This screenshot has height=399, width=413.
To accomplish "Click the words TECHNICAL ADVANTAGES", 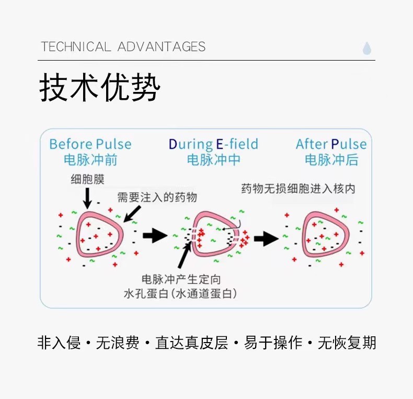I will pyautogui.click(x=123, y=47).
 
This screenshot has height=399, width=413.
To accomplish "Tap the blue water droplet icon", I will pyautogui.click(x=367, y=49).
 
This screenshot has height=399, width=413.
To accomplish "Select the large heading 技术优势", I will pyautogui.click(x=99, y=87).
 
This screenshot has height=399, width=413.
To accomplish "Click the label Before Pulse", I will pyautogui.click(x=90, y=144).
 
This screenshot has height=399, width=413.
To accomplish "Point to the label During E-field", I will pyautogui.click(x=213, y=144).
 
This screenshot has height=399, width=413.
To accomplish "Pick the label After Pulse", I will pyautogui.click(x=331, y=144).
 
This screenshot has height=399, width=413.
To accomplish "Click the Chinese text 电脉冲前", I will pyautogui.click(x=90, y=160).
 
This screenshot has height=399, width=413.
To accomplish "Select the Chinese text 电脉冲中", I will pyautogui.click(x=213, y=160).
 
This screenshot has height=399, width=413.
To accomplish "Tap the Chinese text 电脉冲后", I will pyautogui.click(x=331, y=160).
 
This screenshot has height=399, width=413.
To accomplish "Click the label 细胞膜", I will pyautogui.click(x=87, y=180).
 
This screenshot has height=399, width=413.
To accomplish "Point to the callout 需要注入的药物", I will pyautogui.click(x=157, y=197).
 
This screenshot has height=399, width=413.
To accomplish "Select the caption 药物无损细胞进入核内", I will pyautogui.click(x=298, y=188).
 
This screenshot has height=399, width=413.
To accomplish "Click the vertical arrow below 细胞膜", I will pyautogui.click(x=87, y=197).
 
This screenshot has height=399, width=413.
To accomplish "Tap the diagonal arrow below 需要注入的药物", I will pyautogui.click(x=131, y=213).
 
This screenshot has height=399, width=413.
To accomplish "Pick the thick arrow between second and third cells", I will pyautogui.click(x=266, y=239).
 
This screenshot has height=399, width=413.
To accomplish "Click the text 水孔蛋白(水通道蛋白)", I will pyautogui.click(x=180, y=294).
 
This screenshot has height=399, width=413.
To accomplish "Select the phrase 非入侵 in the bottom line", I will pyautogui.click(x=59, y=343).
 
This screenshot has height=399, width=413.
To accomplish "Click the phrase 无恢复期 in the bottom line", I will pyautogui.click(x=347, y=343).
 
